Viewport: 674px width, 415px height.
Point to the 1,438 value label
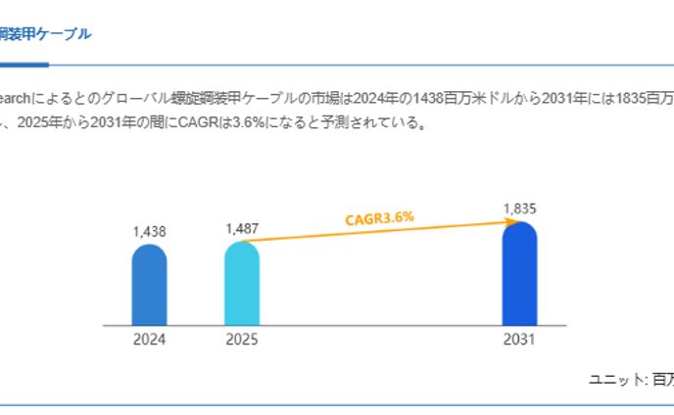pos(149,232)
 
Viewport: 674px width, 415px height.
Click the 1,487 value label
pos(242,229)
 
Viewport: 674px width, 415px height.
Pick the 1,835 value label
pos(519,208)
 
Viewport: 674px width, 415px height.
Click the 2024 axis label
pos(149,341)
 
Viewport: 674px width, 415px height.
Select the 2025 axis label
pos(242,341)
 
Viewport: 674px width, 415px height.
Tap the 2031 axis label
pos(519,341)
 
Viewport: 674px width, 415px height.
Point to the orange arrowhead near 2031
pos(509,222)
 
